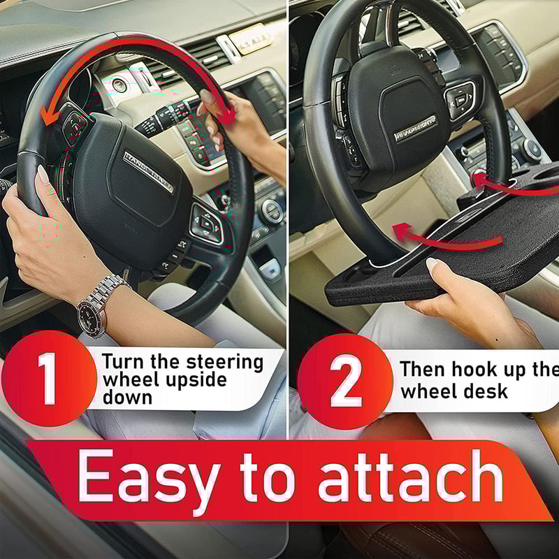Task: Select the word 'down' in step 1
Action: point(128,398)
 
